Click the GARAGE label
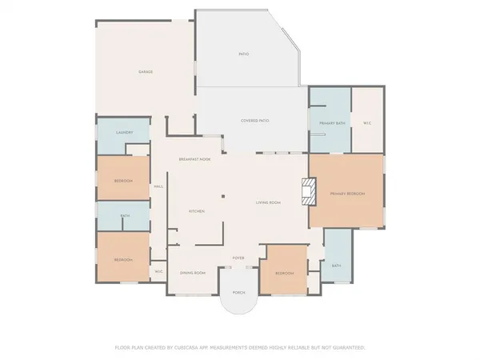145,72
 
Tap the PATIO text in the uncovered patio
243,54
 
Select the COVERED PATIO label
254,120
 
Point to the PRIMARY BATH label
331,122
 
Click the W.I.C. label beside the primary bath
366,122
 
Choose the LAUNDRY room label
123,133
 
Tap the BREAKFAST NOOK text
194,159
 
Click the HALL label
158,186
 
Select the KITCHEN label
196,210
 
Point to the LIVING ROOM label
268,202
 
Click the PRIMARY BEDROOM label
346,194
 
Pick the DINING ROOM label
193,274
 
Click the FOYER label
238,258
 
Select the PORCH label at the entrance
238,292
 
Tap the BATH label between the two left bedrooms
125,216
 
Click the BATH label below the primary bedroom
336,265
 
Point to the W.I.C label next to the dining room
158,272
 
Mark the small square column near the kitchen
224,196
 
